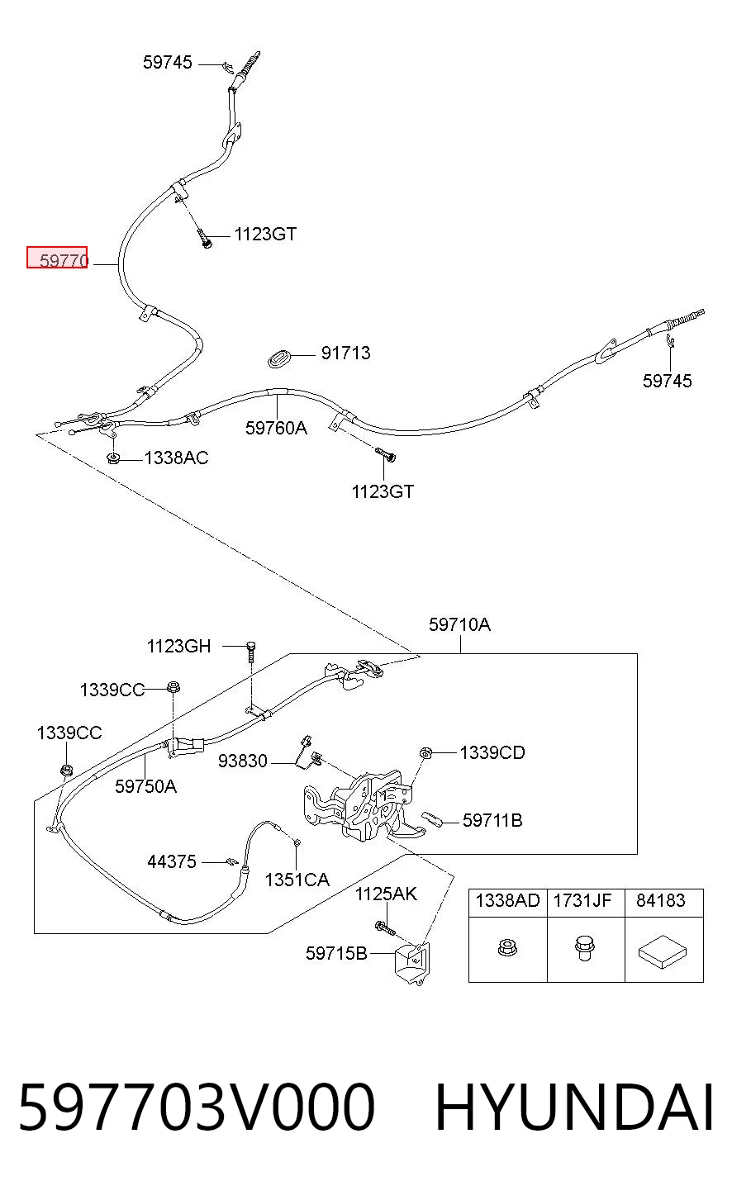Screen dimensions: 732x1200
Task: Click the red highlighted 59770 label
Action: click(57, 258)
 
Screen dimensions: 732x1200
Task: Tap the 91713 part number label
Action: click(345, 353)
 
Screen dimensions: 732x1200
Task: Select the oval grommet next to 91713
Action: click(279, 358)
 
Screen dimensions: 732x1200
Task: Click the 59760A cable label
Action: click(277, 428)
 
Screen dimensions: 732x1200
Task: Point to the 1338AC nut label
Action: click(176, 458)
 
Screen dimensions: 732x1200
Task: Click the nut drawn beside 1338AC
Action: click(113, 458)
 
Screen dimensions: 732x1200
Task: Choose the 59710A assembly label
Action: click(459, 624)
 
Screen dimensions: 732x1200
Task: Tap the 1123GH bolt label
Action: click(179, 646)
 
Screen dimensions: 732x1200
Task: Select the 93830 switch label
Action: click(242, 761)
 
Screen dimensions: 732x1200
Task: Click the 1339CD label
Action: click(492, 752)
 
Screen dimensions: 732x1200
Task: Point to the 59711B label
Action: click(492, 820)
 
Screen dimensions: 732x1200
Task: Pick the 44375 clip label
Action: click(172, 861)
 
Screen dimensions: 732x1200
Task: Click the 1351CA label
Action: click(297, 880)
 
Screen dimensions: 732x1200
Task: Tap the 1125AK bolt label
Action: click(386, 894)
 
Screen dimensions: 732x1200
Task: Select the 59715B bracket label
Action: click(336, 953)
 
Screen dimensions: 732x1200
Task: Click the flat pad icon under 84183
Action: click(663, 952)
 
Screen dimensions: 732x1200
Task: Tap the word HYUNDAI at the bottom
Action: click(574, 1108)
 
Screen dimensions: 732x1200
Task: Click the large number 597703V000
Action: click(197, 1108)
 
